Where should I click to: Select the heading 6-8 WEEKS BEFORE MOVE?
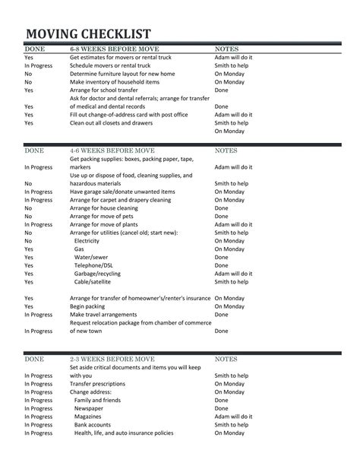(113, 49)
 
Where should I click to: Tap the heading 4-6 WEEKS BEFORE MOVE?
(113, 151)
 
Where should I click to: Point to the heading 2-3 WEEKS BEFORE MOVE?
(113, 357)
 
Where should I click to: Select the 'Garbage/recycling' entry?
(99, 274)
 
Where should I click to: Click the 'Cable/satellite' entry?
(95, 282)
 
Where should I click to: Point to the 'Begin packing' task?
(90, 306)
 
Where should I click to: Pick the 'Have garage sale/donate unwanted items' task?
(122, 192)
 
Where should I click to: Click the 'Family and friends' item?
(97, 401)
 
